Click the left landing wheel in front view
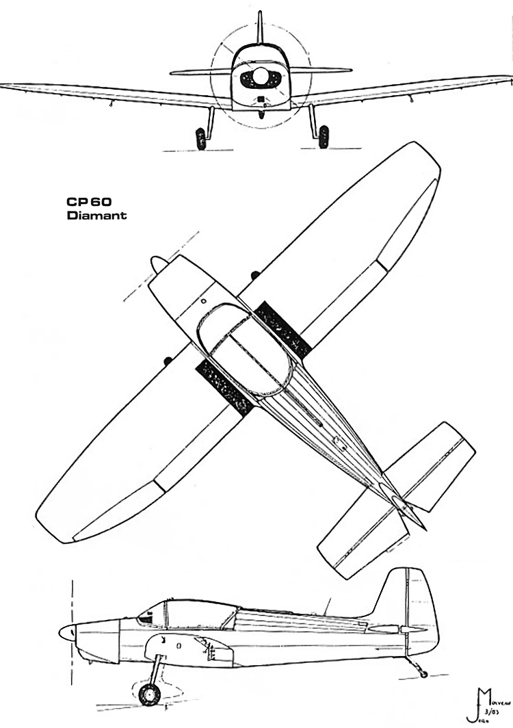coord(201,138)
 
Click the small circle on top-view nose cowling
coord(204,300)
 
